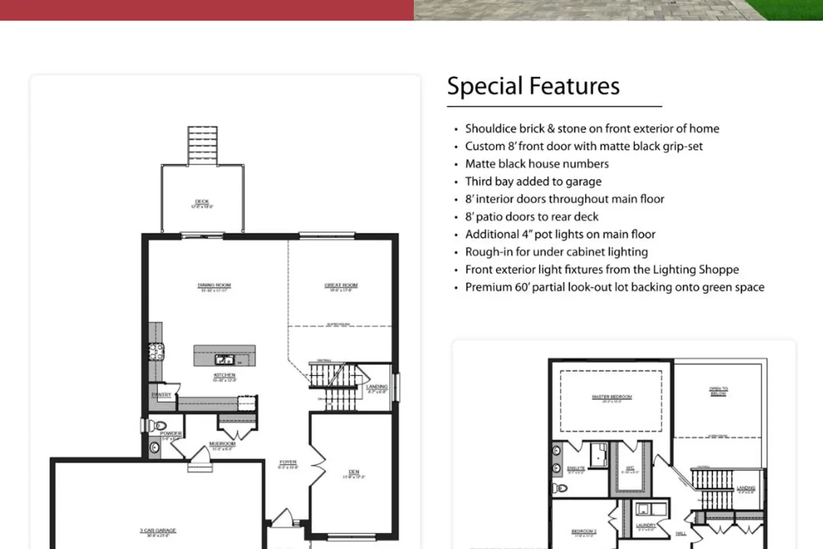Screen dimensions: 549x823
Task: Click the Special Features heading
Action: point(533,86)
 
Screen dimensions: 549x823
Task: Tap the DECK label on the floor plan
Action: point(202,202)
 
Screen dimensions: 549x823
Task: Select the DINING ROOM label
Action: point(214,285)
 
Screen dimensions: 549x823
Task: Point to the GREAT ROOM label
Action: point(341,285)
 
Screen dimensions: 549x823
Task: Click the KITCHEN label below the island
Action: point(224,376)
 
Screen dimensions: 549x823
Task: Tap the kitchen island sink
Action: point(224,360)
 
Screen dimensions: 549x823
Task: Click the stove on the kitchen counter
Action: point(156,351)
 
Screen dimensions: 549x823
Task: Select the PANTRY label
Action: point(161,395)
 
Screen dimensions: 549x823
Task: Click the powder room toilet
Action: point(159,425)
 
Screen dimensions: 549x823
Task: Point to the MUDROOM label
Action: point(222,444)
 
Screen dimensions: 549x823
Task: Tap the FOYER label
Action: point(288,463)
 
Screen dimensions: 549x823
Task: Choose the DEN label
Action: point(354,472)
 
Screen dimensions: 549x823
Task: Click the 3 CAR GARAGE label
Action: point(158,531)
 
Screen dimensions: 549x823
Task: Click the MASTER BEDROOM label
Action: point(612,397)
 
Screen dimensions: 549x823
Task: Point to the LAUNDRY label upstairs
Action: point(646,525)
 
